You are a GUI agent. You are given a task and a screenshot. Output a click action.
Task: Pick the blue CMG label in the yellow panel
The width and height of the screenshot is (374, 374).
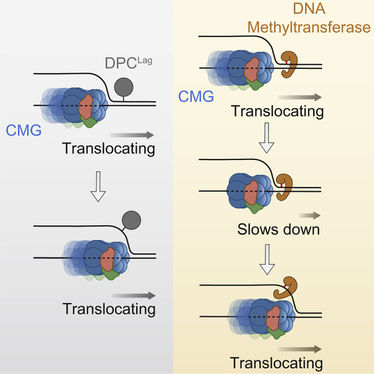196,96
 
